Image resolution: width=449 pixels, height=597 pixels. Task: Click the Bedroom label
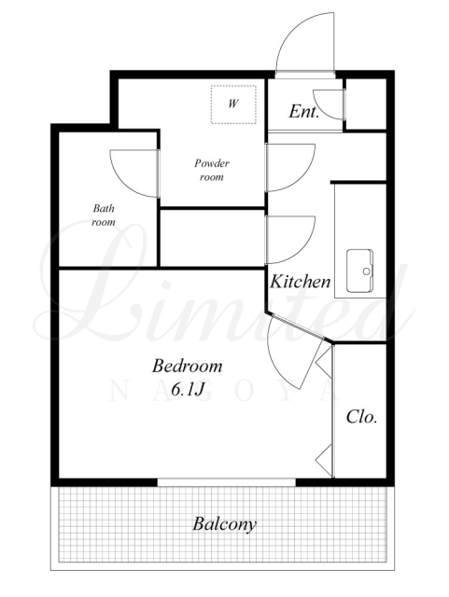point(187,366)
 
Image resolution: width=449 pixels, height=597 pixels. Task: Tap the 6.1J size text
point(188,389)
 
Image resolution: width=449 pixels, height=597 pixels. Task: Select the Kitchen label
point(300,282)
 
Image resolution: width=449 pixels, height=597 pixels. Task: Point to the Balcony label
point(224,524)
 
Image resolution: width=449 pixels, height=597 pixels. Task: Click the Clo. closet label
point(361,417)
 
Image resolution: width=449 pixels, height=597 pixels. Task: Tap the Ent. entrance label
point(303,112)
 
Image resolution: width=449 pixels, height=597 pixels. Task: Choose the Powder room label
point(212,170)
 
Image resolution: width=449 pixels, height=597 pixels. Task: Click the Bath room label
point(104,215)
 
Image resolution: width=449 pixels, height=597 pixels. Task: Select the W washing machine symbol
point(233,104)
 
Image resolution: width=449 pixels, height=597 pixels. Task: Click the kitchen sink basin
point(359,271)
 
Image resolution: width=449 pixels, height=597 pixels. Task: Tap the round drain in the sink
point(367,271)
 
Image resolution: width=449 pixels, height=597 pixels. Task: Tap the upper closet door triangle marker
point(325,365)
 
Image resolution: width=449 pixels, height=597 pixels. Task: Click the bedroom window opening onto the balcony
point(227,482)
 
